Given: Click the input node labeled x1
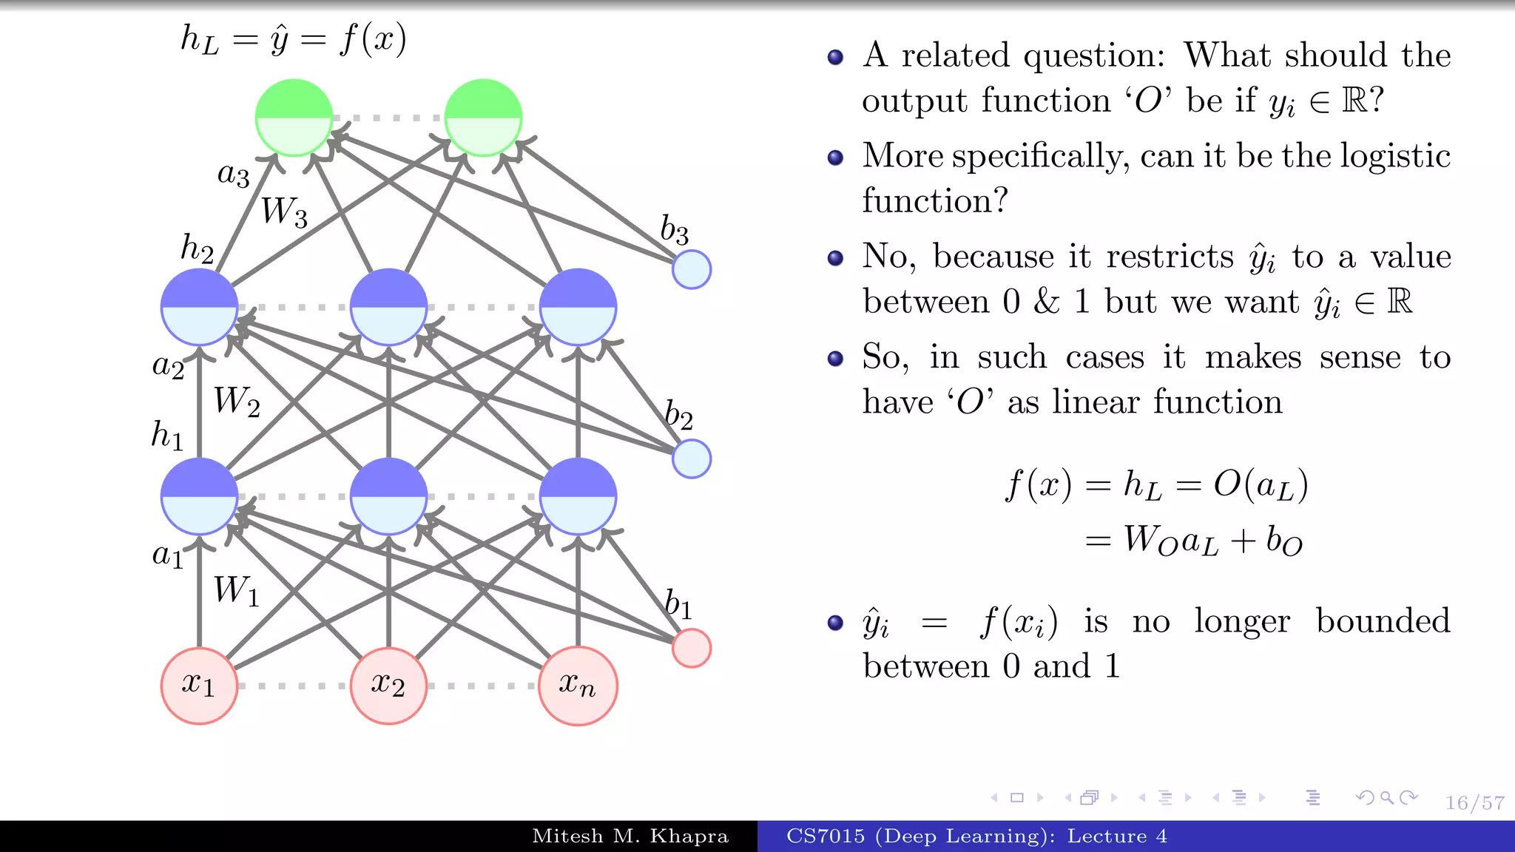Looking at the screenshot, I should (x=199, y=686).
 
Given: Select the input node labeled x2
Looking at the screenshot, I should (x=388, y=686).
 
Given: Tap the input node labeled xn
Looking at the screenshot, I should (x=578, y=686).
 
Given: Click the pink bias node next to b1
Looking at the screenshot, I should (x=692, y=649).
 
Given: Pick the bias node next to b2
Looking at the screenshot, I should (x=692, y=459).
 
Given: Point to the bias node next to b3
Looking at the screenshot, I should (x=692, y=269).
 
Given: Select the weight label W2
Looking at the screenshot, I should (x=237, y=402).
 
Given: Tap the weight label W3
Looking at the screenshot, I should (x=284, y=212).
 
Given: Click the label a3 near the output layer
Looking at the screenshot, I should (x=233, y=175).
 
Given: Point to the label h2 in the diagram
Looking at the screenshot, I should (x=197, y=248).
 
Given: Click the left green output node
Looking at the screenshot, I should (x=294, y=118).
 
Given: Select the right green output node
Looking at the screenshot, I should (x=483, y=118).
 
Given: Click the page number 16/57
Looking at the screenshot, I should (x=1474, y=803).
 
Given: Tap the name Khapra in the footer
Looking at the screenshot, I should (x=689, y=836).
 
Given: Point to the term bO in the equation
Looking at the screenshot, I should (x=1283, y=541).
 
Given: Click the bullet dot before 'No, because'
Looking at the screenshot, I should (x=835, y=258).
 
